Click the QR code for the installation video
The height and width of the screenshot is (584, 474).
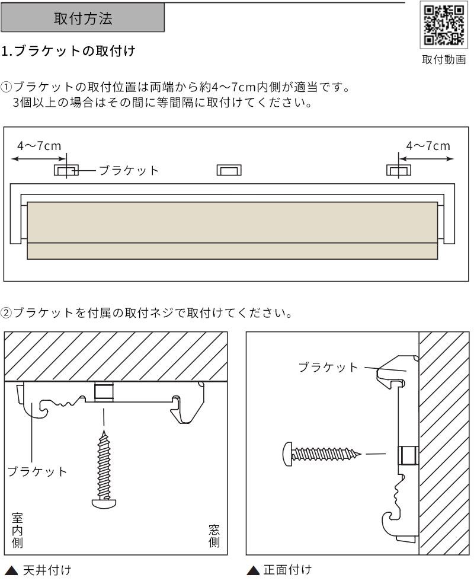click(443, 26)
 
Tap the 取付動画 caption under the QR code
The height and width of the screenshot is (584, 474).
click(443, 60)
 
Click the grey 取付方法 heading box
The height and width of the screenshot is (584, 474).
click(83, 18)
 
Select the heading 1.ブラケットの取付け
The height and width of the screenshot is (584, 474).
click(68, 51)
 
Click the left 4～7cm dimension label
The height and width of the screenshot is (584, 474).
click(39, 146)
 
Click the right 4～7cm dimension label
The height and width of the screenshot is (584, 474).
click(428, 146)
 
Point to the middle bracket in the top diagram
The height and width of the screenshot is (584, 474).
click(229, 171)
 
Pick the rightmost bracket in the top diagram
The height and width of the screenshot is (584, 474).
click(398, 171)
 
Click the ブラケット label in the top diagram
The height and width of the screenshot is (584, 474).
click(129, 171)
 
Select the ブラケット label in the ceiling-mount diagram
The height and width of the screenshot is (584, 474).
click(37, 472)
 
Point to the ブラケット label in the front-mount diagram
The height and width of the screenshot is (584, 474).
click(329, 367)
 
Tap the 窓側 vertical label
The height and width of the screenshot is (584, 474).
click(214, 535)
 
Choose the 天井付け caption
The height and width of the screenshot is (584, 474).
click(47, 571)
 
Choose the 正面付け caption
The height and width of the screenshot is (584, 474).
click(287, 570)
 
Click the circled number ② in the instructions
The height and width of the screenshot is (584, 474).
click(7, 312)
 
